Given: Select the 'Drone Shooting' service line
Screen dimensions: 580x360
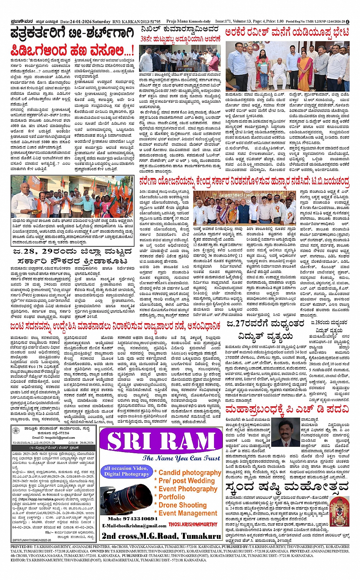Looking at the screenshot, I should point(182,505).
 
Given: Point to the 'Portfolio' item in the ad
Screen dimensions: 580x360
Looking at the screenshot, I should point(171,497).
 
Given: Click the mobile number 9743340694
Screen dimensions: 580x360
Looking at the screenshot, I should point(132,519).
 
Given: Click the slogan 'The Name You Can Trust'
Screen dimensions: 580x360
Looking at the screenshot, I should point(181,458).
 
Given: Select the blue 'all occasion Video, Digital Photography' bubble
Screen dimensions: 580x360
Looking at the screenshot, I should point(126,471).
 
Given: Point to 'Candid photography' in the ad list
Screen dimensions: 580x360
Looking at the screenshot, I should point(190,473).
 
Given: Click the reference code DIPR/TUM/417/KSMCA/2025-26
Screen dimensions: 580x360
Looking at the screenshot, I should point(31,540).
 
